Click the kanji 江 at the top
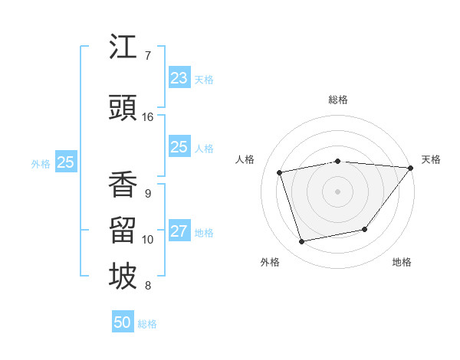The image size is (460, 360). [x=123, y=47]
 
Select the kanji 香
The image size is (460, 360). [x=123, y=185]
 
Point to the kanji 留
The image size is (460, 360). [x=123, y=231]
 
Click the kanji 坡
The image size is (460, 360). [x=123, y=277]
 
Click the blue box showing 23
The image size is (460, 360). [x=179, y=78]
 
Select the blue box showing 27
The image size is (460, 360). [x=179, y=232]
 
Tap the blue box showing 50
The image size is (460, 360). [x=123, y=322]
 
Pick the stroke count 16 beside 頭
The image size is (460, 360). [x=148, y=117]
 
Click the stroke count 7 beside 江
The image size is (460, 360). [x=148, y=56]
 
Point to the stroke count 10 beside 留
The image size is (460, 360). [x=148, y=240]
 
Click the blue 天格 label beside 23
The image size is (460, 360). [x=204, y=80]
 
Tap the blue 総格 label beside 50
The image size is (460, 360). [x=147, y=324]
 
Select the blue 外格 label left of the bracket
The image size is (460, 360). [x=41, y=163]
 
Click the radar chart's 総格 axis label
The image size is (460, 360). [x=337, y=100]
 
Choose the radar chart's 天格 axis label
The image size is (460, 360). [x=431, y=159]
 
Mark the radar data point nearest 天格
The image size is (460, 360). [x=411, y=168]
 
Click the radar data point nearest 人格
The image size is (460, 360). [x=280, y=172]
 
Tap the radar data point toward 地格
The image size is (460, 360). [x=365, y=229]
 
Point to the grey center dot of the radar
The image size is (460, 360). [x=337, y=191]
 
